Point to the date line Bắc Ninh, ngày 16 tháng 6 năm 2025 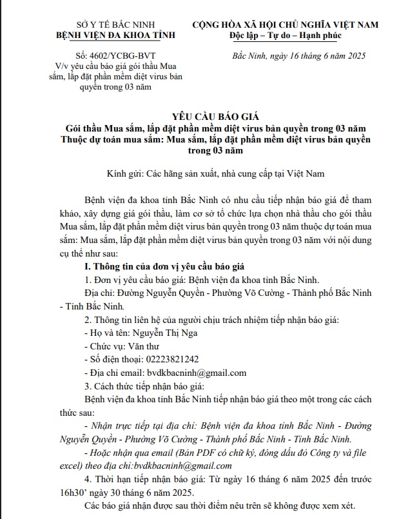coord(298,55)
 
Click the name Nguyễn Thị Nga coord(165,333)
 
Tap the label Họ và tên coord(107,333)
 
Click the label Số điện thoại coord(115,360)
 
